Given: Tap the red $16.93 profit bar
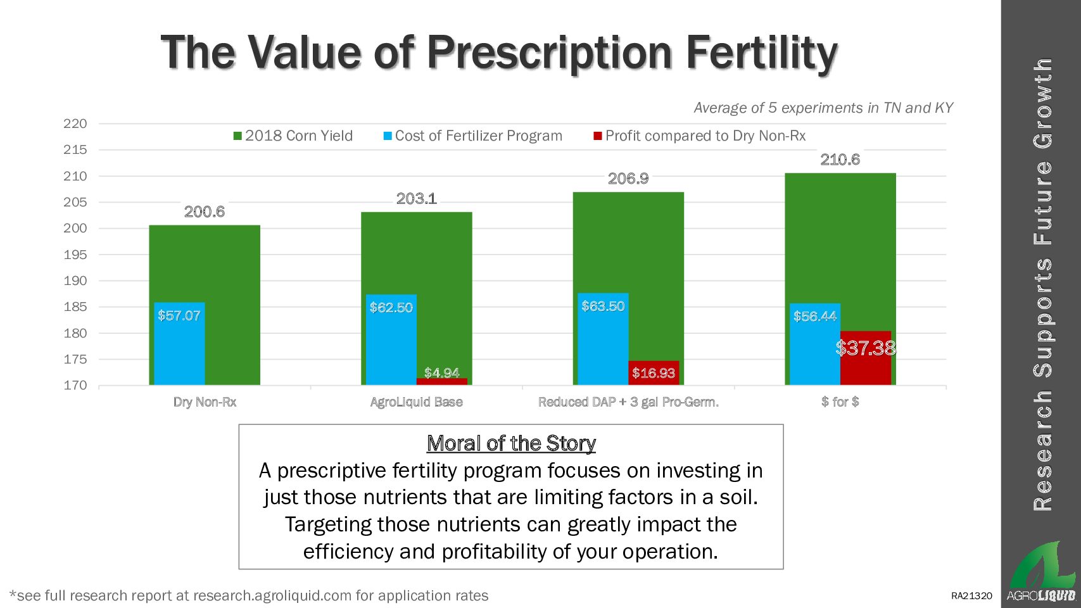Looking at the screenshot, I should pyautogui.click(x=654, y=373).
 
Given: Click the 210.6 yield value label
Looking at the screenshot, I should pyautogui.click(x=840, y=160).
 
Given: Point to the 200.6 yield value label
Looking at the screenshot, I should pyautogui.click(x=204, y=212).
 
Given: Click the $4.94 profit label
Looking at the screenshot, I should pyautogui.click(x=441, y=372).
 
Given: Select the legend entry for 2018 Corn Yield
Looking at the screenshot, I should pyautogui.click(x=293, y=136).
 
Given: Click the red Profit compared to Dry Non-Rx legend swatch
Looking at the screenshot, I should pyautogui.click(x=597, y=136).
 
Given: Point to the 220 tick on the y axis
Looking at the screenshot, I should pyautogui.click(x=75, y=123).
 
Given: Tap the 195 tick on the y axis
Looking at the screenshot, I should pyautogui.click(x=75, y=255).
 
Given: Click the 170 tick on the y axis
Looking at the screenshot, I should pyautogui.click(x=75, y=385).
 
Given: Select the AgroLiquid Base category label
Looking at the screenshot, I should pyautogui.click(x=416, y=402).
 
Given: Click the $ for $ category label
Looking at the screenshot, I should pyautogui.click(x=840, y=402).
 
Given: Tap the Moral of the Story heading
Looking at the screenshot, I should pyautogui.click(x=511, y=443).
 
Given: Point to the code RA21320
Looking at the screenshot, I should pyautogui.click(x=971, y=596).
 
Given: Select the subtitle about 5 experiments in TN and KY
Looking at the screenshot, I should pyautogui.click(x=823, y=108).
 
